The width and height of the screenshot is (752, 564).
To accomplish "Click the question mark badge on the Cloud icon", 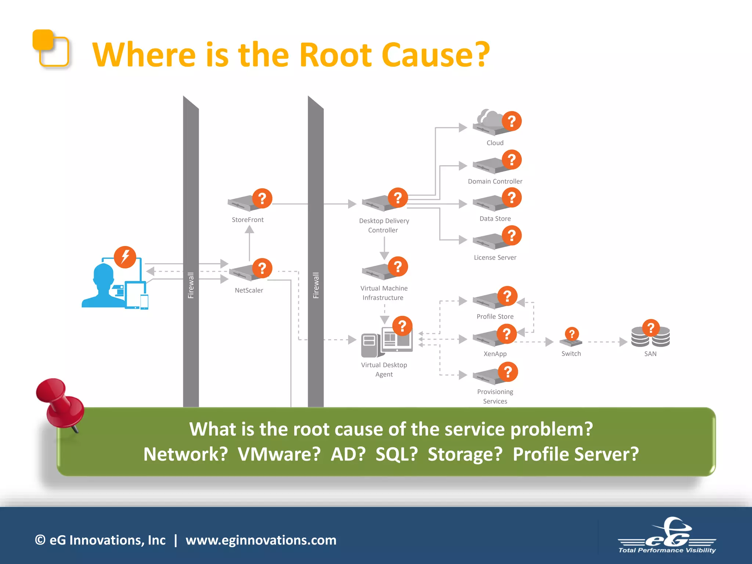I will [511, 121].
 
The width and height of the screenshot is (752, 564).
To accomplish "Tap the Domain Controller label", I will [495, 181].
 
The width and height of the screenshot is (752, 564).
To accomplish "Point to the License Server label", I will [495, 257].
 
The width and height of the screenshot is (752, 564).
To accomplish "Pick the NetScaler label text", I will [249, 290].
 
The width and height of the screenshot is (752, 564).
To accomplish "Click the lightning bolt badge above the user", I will [125, 257].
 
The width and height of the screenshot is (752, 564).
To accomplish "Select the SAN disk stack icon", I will [650, 337].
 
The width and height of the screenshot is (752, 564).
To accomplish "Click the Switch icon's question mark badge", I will [571, 334].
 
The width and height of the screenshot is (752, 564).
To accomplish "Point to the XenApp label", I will [495, 354].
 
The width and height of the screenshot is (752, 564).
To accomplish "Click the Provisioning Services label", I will [495, 396].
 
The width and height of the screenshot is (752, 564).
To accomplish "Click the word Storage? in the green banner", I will [465, 454].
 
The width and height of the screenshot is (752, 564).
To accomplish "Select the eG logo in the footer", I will [667, 536].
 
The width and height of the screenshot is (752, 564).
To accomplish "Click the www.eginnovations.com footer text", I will [261, 540].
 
